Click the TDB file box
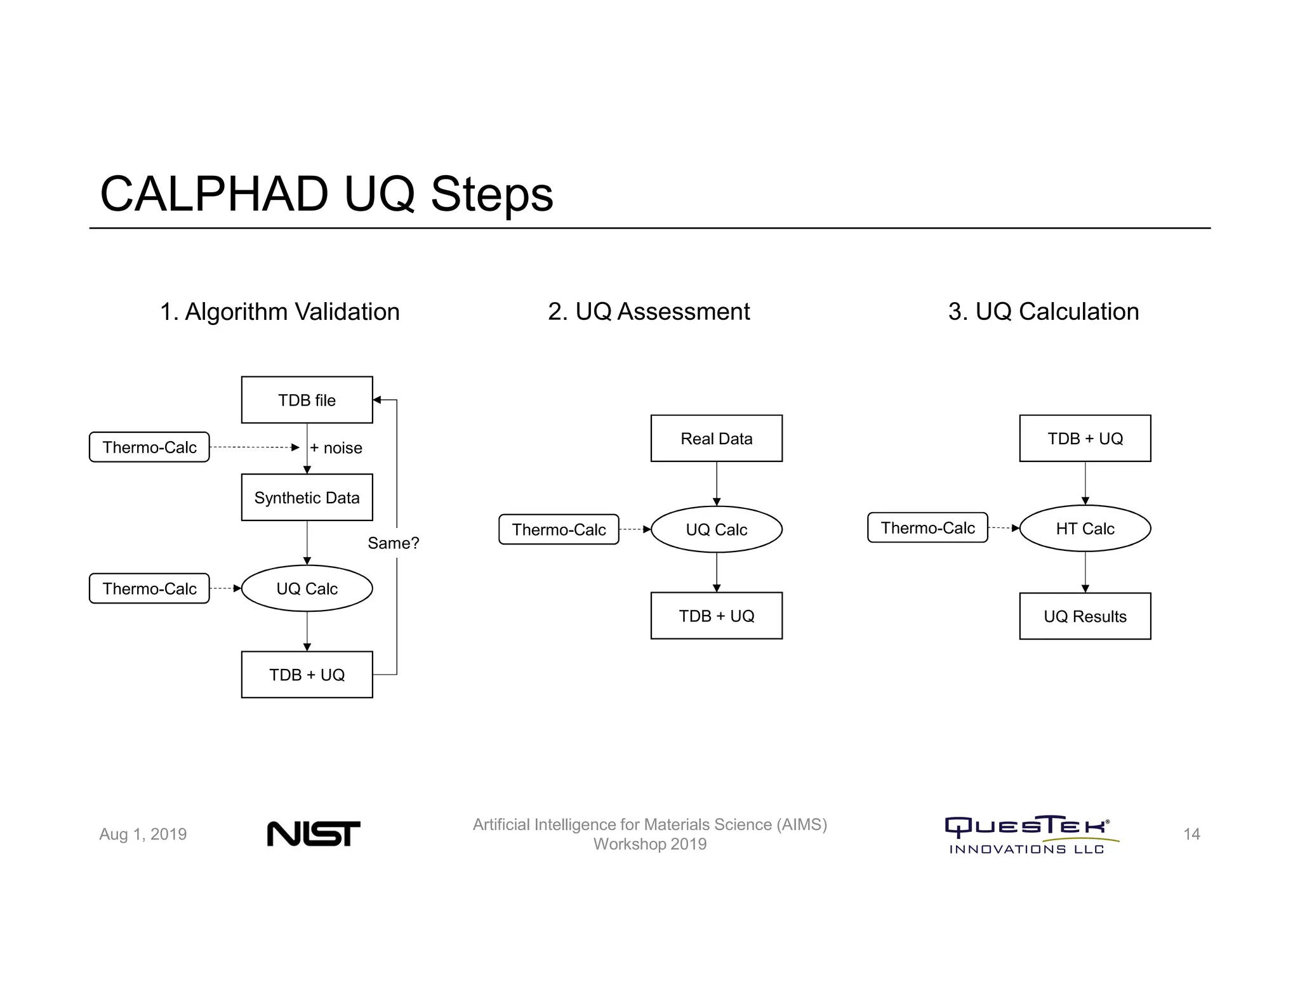(x=307, y=400)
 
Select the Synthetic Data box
(x=307, y=498)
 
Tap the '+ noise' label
(x=336, y=448)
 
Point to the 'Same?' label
(x=393, y=543)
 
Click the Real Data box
(x=716, y=439)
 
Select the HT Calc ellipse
(x=1085, y=529)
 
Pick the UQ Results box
(x=1085, y=616)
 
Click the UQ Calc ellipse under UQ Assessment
(x=716, y=529)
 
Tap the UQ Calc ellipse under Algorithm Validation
(x=307, y=588)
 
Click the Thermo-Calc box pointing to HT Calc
(x=927, y=528)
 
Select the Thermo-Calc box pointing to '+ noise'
(x=149, y=447)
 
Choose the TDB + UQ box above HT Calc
(x=1085, y=439)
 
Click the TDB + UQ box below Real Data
(x=716, y=616)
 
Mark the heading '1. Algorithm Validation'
(x=280, y=312)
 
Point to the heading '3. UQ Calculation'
(x=1043, y=312)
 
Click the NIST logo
(x=314, y=833)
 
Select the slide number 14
(x=1191, y=834)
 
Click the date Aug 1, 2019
(x=143, y=834)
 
